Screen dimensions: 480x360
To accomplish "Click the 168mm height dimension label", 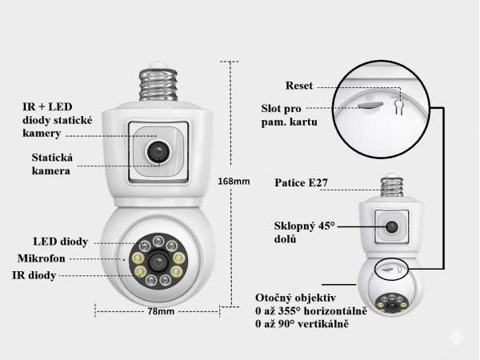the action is (x=234, y=182).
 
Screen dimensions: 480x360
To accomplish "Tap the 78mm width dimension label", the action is (x=161, y=311).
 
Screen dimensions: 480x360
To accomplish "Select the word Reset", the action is (x=299, y=86).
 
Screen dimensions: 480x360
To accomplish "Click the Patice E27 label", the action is (x=302, y=182).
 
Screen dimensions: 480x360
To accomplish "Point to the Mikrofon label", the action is (x=42, y=258).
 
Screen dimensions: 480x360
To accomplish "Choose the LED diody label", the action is (x=61, y=242).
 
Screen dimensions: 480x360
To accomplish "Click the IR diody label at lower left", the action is (x=34, y=275).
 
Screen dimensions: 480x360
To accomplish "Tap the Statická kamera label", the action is (x=52, y=164).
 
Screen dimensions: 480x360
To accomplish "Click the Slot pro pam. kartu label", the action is (x=289, y=115).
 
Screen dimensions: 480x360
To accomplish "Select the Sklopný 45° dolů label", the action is (x=304, y=232).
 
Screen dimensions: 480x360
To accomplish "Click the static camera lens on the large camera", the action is (x=158, y=151).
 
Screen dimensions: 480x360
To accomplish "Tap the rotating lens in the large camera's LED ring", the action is (x=158, y=262).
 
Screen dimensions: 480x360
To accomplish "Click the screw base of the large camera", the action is (x=158, y=82).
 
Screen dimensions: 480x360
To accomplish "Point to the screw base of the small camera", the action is (x=391, y=185).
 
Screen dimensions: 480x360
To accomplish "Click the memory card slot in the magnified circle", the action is (x=370, y=105).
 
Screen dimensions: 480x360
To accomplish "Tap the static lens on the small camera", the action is (x=391, y=227).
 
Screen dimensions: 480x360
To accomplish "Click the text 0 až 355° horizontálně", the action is (x=311, y=311).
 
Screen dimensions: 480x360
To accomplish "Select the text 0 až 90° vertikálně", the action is (x=302, y=324).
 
